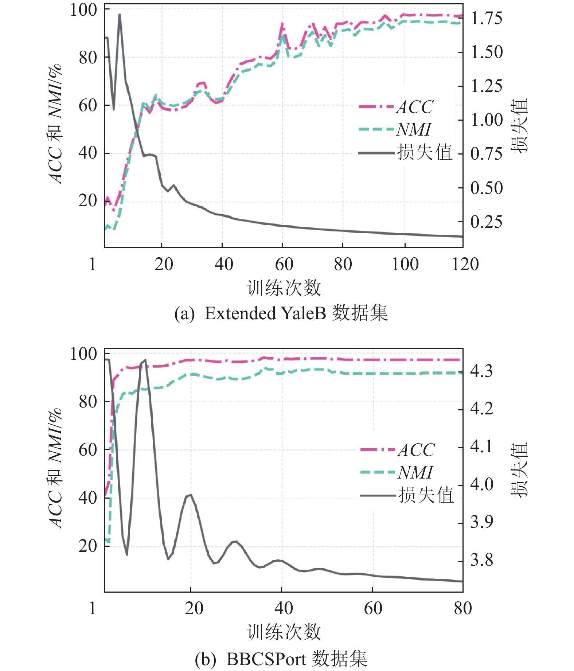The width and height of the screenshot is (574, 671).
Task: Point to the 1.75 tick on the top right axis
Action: click(x=486, y=18)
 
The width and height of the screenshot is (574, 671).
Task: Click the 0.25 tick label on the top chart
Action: click(x=486, y=222)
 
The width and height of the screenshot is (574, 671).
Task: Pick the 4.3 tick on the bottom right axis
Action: click(x=481, y=371)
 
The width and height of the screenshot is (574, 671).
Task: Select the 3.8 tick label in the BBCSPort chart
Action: click(x=481, y=559)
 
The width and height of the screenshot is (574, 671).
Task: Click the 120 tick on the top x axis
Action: click(x=465, y=264)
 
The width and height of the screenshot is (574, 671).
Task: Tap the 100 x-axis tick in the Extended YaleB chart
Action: click(x=405, y=264)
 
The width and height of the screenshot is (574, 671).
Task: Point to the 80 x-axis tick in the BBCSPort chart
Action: click(x=462, y=608)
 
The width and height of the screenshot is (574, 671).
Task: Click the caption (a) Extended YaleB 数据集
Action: click(x=281, y=313)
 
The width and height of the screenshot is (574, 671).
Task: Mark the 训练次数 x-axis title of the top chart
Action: click(x=284, y=288)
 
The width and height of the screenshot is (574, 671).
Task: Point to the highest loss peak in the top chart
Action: click(x=120, y=15)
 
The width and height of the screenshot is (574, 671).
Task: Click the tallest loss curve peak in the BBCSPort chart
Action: click(x=145, y=360)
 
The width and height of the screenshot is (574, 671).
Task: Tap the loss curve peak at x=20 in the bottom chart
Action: click(x=190, y=495)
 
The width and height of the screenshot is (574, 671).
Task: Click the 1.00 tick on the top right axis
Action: click(x=486, y=120)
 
